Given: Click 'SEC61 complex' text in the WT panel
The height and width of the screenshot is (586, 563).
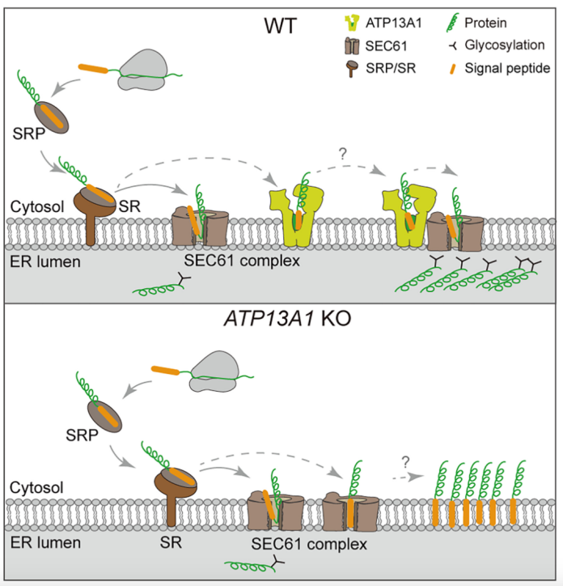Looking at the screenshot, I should point(231,261).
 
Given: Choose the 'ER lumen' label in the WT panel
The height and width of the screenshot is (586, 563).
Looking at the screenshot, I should point(38,261).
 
